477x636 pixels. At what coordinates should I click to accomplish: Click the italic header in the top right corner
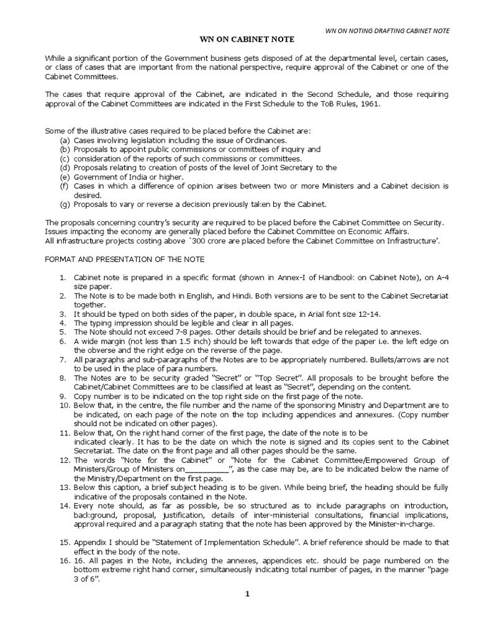388,30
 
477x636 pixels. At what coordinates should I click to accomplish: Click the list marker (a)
65,140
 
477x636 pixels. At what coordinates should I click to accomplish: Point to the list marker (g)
65,204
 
